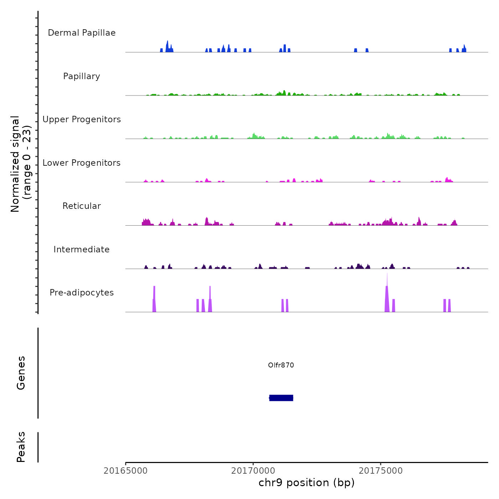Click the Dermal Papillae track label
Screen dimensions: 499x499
point(82,33)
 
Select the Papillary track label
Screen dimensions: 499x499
point(82,76)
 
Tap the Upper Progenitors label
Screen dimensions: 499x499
point(82,119)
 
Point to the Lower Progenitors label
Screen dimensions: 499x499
point(82,163)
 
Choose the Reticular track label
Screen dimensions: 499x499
point(82,206)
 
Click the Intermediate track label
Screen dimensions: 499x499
point(82,249)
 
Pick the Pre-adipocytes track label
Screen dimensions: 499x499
point(82,293)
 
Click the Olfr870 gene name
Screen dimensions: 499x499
point(281,365)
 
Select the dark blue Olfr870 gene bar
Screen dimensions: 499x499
point(281,398)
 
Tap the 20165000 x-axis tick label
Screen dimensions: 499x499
point(125,471)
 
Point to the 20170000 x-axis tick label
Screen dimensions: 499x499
point(253,471)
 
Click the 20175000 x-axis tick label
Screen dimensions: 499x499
point(381,471)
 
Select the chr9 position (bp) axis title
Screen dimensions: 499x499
point(307,483)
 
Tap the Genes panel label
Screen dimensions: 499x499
point(21,372)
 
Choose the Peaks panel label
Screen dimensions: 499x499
point(21,447)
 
